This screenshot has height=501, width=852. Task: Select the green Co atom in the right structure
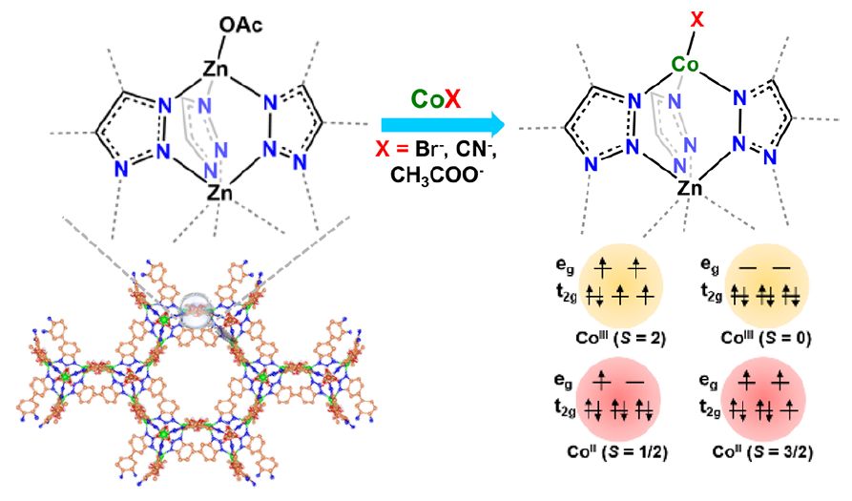point(684,66)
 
